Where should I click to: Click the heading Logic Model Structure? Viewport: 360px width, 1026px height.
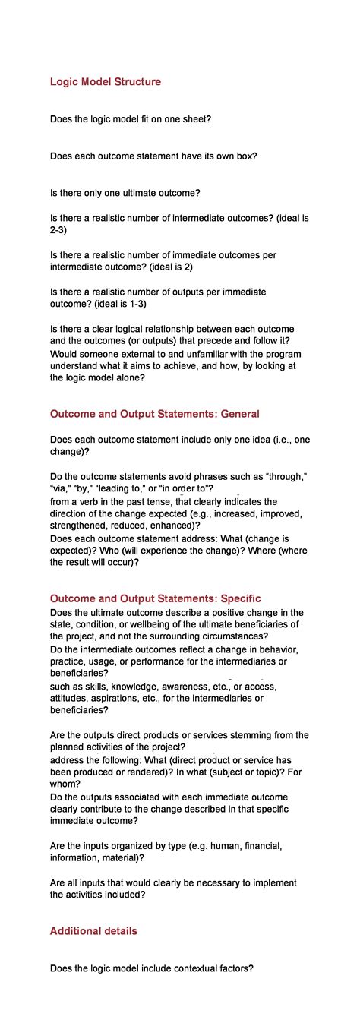coord(106,82)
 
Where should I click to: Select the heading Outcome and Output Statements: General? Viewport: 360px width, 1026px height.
coord(155,414)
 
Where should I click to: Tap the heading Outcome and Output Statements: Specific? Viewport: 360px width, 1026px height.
coord(155,599)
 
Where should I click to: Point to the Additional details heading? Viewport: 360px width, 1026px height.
coord(93,931)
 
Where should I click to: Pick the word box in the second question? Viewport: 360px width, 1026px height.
coord(240,156)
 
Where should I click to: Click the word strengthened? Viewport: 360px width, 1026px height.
coord(80,525)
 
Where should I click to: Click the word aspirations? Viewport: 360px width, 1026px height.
coord(137,699)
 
